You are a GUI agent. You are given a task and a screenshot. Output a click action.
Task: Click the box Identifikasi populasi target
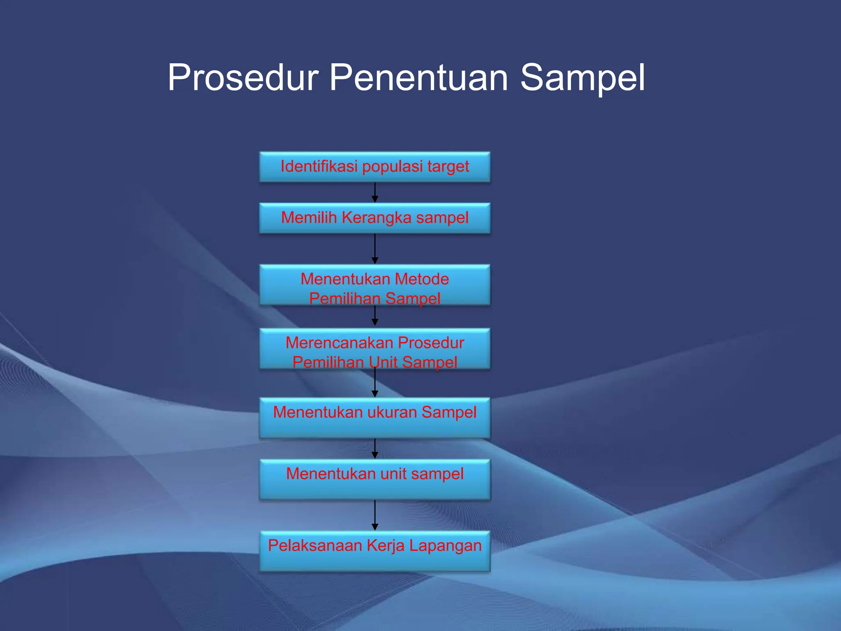(375, 167)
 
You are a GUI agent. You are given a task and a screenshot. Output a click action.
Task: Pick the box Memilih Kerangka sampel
(375, 218)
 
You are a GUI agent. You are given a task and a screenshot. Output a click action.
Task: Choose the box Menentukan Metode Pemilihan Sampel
(375, 285)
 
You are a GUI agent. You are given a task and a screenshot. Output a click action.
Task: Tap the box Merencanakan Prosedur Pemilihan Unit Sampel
(375, 349)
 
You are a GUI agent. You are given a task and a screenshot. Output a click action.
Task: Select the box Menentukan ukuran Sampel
(375, 418)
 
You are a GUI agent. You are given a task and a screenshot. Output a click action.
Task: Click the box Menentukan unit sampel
(375, 479)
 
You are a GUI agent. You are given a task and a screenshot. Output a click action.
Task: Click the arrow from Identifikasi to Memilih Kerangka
(375, 193)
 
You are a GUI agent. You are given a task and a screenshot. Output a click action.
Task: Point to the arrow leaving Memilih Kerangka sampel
(375, 249)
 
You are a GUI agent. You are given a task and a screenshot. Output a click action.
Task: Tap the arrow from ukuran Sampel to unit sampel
(375, 449)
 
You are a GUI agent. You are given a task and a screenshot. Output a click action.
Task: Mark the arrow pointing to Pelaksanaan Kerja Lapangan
(375, 515)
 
